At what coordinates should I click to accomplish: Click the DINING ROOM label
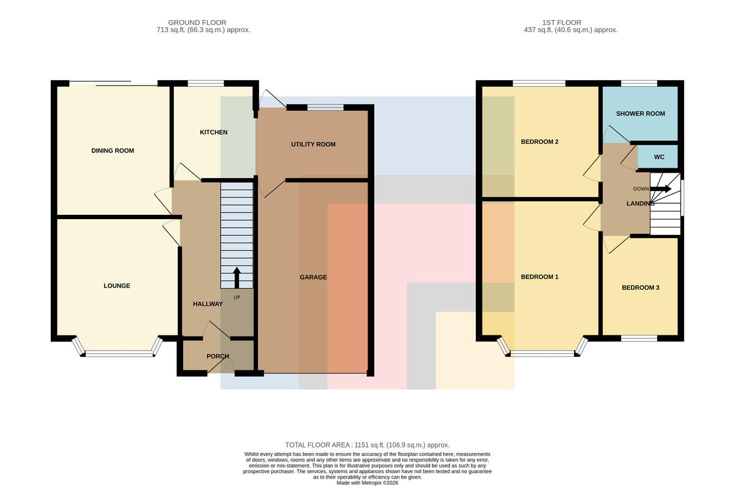click(x=113, y=151)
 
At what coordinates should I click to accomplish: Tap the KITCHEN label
click(x=214, y=132)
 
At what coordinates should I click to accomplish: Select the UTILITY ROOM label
click(x=314, y=144)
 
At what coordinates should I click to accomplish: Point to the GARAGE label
click(x=314, y=277)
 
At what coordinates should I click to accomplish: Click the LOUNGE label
click(x=117, y=286)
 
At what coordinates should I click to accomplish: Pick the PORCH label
click(x=218, y=356)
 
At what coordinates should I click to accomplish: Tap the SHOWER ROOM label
click(x=641, y=114)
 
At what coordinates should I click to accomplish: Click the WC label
click(x=659, y=157)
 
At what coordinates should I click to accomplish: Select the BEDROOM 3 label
click(x=641, y=288)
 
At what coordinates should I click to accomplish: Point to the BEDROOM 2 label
click(x=540, y=141)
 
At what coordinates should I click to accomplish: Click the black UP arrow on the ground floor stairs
click(x=236, y=278)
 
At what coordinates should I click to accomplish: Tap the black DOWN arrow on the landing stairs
click(x=660, y=189)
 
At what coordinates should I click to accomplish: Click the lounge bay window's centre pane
click(x=119, y=354)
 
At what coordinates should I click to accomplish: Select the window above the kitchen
click(x=206, y=83)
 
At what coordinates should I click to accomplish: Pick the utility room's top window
click(x=325, y=107)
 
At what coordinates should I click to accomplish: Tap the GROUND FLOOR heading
click(x=197, y=23)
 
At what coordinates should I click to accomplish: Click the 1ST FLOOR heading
click(x=562, y=23)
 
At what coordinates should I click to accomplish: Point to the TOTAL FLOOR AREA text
click(x=367, y=445)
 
